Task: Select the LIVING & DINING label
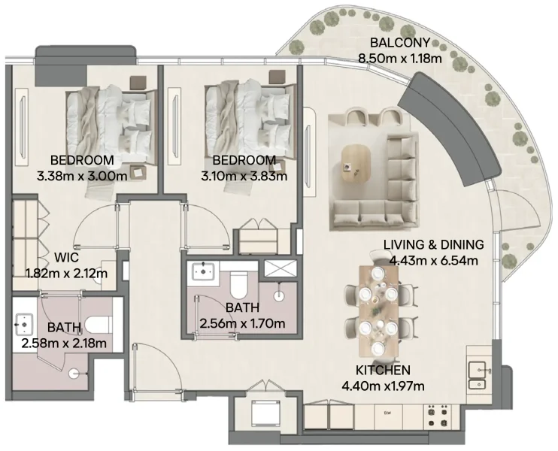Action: click(x=433, y=245)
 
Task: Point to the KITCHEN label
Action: click(x=384, y=371)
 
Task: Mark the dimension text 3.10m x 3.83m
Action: click(x=244, y=176)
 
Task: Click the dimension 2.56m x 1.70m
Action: click(x=242, y=324)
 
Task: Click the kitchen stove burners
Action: click(x=438, y=412)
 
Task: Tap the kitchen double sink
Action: click(x=477, y=375)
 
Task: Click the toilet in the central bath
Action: click(x=238, y=284)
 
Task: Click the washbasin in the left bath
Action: click(x=23, y=325)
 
